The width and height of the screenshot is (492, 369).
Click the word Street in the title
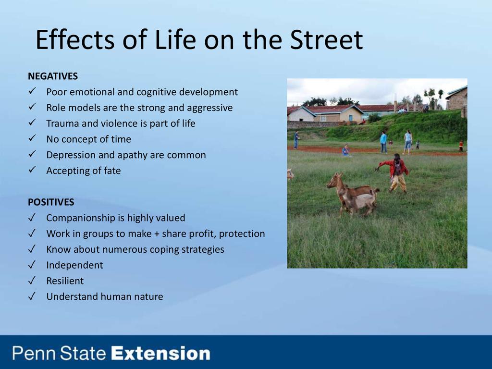click(326, 40)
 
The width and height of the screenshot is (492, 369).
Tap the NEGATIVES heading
click(53, 76)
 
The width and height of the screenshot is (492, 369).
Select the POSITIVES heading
click(51, 202)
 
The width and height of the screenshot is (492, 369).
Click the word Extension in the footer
click(160, 353)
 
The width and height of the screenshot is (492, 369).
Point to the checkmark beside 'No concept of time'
click(32, 138)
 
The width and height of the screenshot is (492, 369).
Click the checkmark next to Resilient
click(32, 280)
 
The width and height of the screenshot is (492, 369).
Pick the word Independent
click(74, 265)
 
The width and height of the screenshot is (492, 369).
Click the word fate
click(112, 171)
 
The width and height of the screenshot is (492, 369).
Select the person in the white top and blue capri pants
click(407, 142)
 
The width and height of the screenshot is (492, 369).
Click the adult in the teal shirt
click(383, 142)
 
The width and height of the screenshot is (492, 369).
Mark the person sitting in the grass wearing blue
click(346, 150)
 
